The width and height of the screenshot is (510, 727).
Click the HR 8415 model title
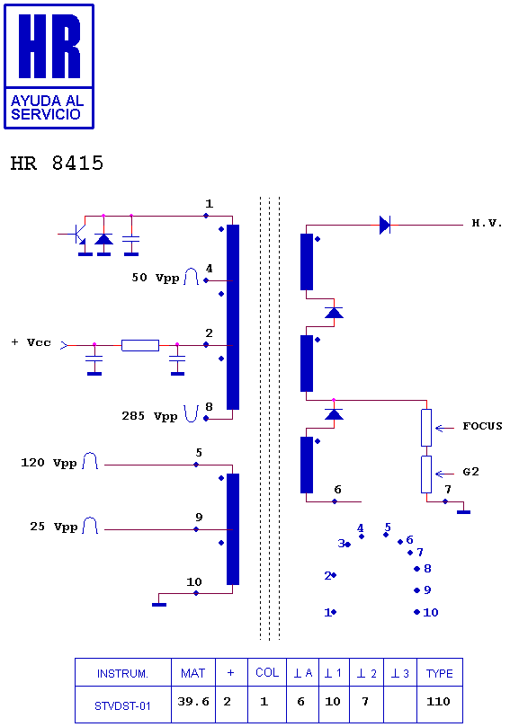[57, 164]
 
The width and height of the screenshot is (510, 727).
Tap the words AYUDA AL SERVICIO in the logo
[47, 108]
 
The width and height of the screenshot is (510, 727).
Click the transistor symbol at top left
[77, 235]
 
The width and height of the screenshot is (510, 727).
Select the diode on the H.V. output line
[385, 225]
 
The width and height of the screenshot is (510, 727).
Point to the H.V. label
[487, 223]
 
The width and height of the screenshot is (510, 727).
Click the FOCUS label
[482, 426]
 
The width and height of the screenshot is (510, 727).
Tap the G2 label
[470, 472]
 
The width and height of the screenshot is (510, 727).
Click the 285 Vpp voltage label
[149, 416]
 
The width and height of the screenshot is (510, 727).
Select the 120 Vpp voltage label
[49, 463]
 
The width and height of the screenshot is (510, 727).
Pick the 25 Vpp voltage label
[53, 527]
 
